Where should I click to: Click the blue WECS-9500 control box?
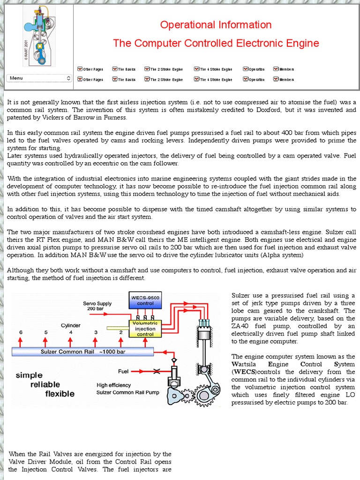[x=145, y=300]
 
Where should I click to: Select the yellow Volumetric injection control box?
[x=145, y=329]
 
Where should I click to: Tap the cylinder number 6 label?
[x=21, y=332]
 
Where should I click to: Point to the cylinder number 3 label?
[x=96, y=332]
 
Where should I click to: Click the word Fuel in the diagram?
[x=123, y=371]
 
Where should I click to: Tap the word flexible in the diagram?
[x=60, y=394]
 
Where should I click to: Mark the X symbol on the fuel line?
[x=157, y=371]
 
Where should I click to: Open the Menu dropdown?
[x=39, y=78]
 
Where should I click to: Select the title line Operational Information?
[x=216, y=25]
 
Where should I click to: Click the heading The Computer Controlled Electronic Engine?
[x=216, y=44]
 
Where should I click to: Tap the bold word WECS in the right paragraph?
[x=241, y=372]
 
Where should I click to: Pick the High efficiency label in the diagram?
[x=114, y=385]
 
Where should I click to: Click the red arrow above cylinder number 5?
[x=46, y=339]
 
